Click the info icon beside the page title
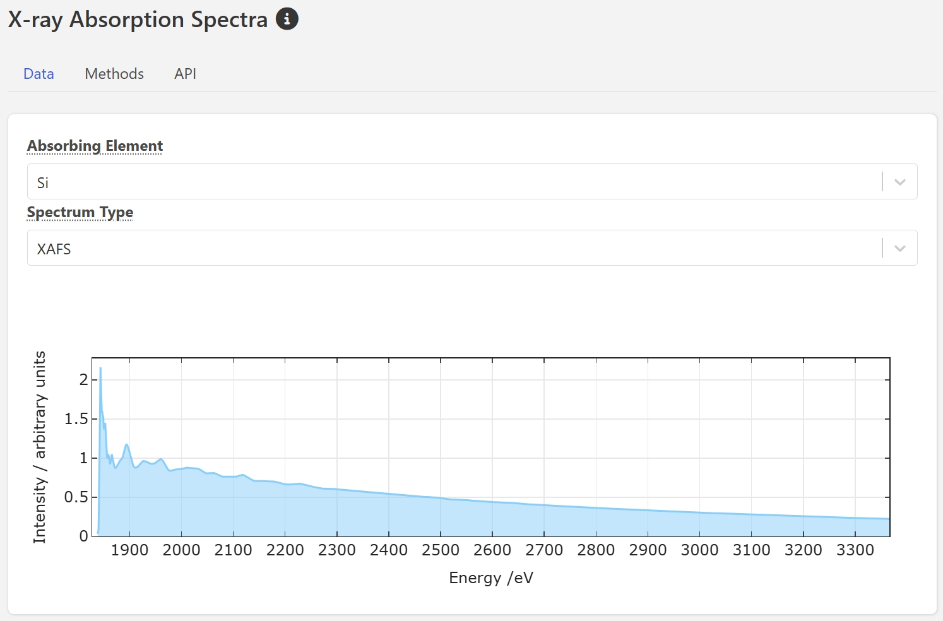pyautogui.click(x=287, y=19)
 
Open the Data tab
pyautogui.click(x=39, y=74)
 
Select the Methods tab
pyautogui.click(x=114, y=74)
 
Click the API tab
pyautogui.click(x=185, y=74)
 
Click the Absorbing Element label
pyautogui.click(x=95, y=146)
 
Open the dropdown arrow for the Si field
pyautogui.click(x=900, y=182)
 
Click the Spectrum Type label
pyautogui.click(x=80, y=212)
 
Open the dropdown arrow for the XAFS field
pyautogui.click(x=900, y=248)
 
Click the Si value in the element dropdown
pyautogui.click(x=43, y=183)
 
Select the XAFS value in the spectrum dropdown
pyautogui.click(x=54, y=249)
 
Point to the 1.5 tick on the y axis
pyautogui.click(x=76, y=419)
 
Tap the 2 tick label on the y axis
pyautogui.click(x=83, y=380)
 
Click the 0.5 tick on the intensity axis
pyautogui.click(x=76, y=497)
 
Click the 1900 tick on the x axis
pyautogui.click(x=129, y=550)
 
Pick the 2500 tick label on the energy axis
pyautogui.click(x=441, y=550)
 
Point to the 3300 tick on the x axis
pyautogui.click(x=855, y=550)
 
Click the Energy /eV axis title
pyautogui.click(x=491, y=578)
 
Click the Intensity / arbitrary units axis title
pyautogui.click(x=40, y=447)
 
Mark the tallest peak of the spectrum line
pyautogui.click(x=100, y=369)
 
